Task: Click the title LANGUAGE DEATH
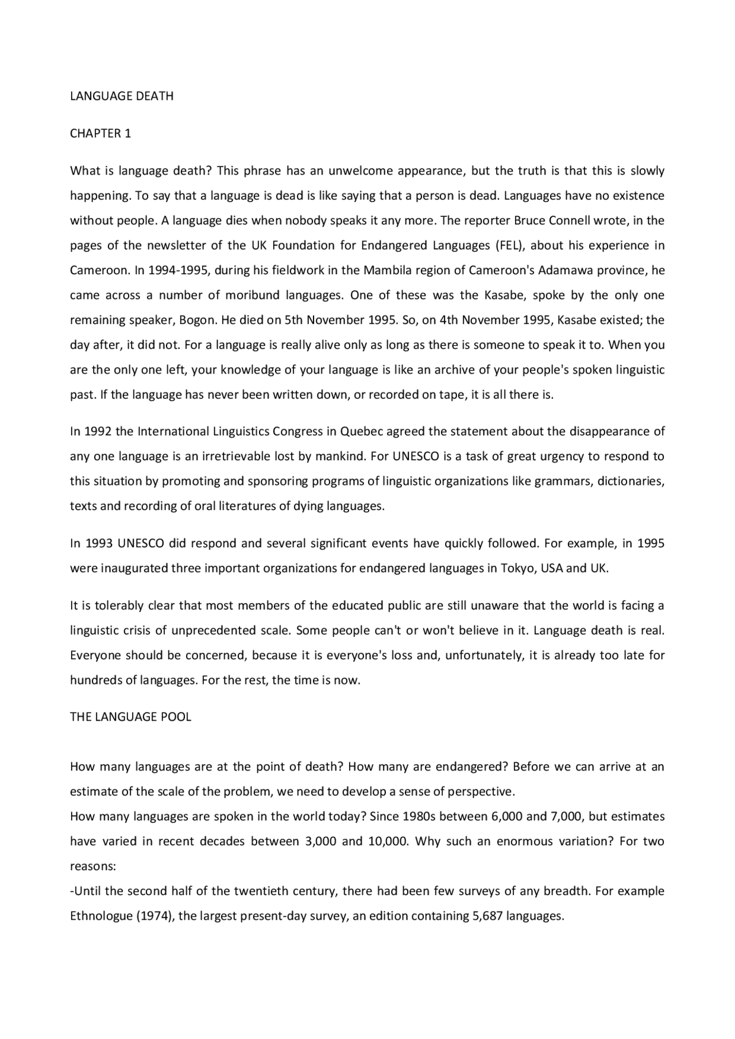122,96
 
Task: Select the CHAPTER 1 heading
100,134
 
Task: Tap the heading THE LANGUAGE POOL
130,717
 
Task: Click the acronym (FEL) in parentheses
507,246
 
